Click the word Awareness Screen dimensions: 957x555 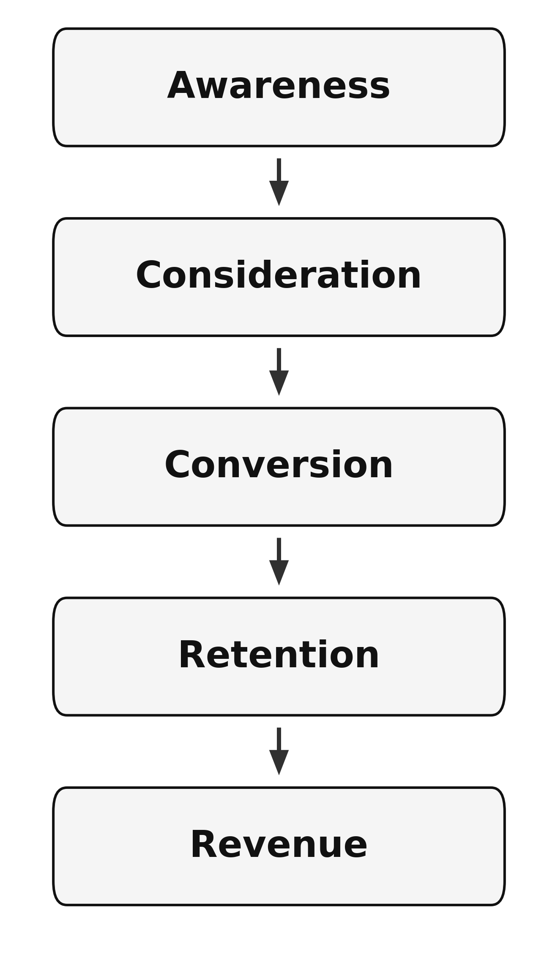278,87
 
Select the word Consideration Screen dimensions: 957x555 278,276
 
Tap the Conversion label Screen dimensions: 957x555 278,466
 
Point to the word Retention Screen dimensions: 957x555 278,655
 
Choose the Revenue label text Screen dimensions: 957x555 278,845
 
